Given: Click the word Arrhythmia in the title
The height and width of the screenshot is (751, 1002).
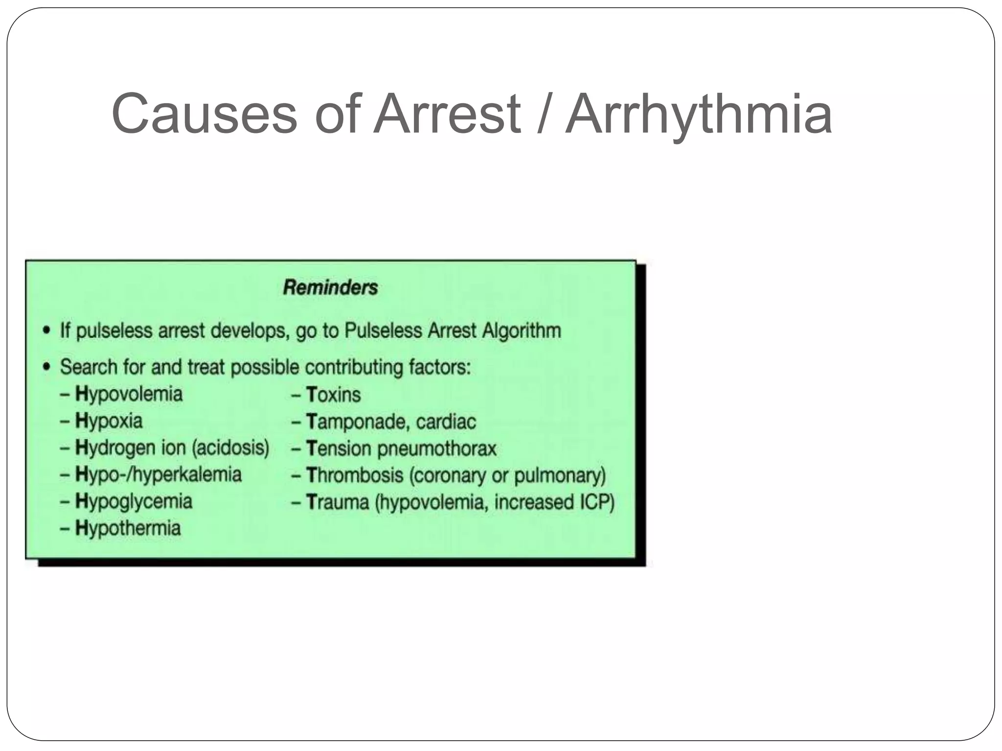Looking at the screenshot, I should (x=699, y=115).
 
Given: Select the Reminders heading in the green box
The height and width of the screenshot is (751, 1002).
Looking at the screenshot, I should (x=331, y=287).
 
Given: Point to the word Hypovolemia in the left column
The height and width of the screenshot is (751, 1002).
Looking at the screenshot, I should (x=129, y=394).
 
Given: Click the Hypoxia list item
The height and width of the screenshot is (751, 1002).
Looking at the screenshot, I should (x=109, y=421).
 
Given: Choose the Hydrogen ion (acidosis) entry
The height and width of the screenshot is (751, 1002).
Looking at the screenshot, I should (x=172, y=448).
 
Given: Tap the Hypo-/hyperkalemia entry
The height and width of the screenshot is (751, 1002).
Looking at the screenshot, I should (x=158, y=475).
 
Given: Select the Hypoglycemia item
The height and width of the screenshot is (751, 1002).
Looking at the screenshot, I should (x=134, y=502).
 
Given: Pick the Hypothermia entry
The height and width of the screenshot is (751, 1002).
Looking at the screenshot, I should (x=128, y=529).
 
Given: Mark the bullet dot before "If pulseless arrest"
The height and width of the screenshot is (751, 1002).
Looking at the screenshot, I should (x=46, y=331).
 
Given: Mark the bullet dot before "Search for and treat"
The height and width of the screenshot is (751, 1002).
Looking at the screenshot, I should (x=46, y=367).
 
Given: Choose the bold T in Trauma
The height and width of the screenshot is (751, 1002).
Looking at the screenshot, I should (x=311, y=502).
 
